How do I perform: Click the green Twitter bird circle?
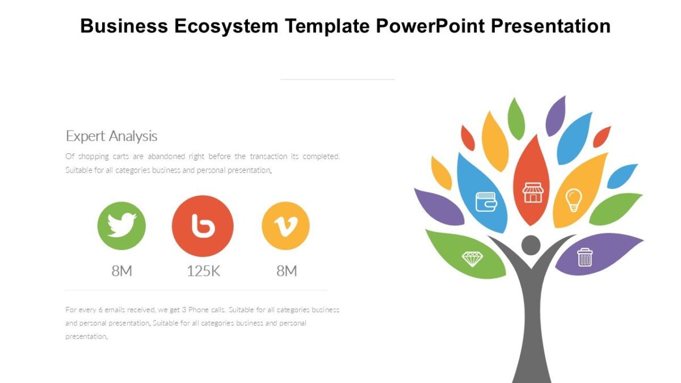pos(121,226)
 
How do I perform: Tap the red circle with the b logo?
pos(203,226)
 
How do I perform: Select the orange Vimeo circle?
pos(285,226)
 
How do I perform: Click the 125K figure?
pos(203,271)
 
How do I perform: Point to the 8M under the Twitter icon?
pos(121,271)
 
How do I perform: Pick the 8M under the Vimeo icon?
pos(287,271)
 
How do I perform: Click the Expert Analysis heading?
pos(112,136)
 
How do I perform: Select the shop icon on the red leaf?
pos(532,192)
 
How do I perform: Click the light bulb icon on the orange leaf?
pos(574,200)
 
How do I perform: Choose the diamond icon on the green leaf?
pos(472,259)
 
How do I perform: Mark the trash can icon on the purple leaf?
pos(585,257)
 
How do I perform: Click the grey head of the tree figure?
pos(531,245)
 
